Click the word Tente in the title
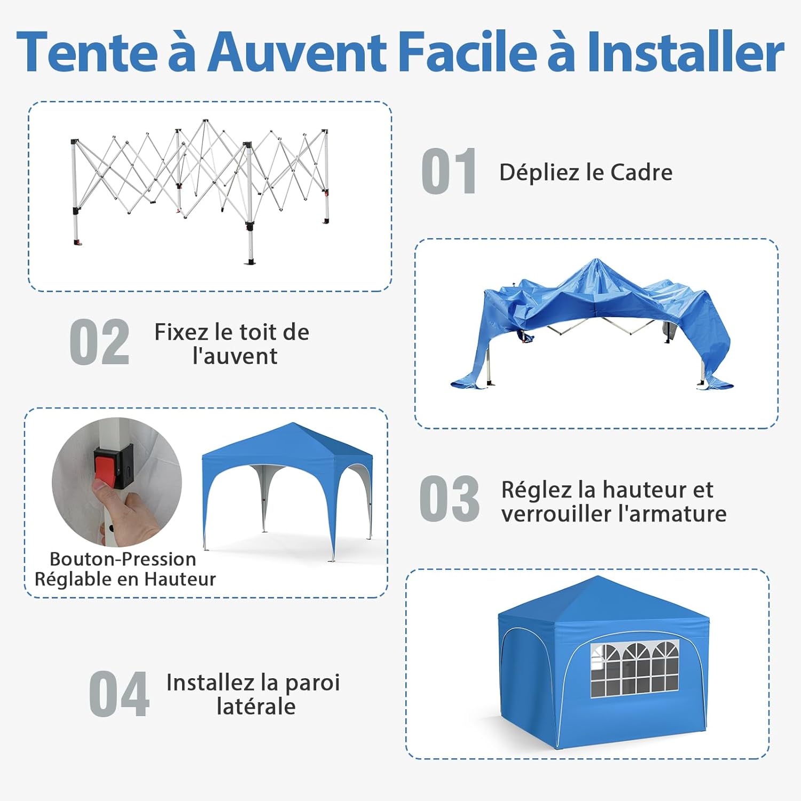point(88,52)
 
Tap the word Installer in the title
point(685,52)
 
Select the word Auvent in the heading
point(297,52)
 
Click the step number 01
point(449,171)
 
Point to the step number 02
point(100,342)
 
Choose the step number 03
point(449,499)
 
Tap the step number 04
point(119,694)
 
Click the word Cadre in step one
point(641,172)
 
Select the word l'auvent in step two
point(235,356)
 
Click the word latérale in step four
point(256,706)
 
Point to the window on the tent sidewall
point(634,670)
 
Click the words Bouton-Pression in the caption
point(123,559)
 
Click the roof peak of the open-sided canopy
point(293,424)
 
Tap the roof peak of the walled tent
point(598,577)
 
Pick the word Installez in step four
point(210,682)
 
